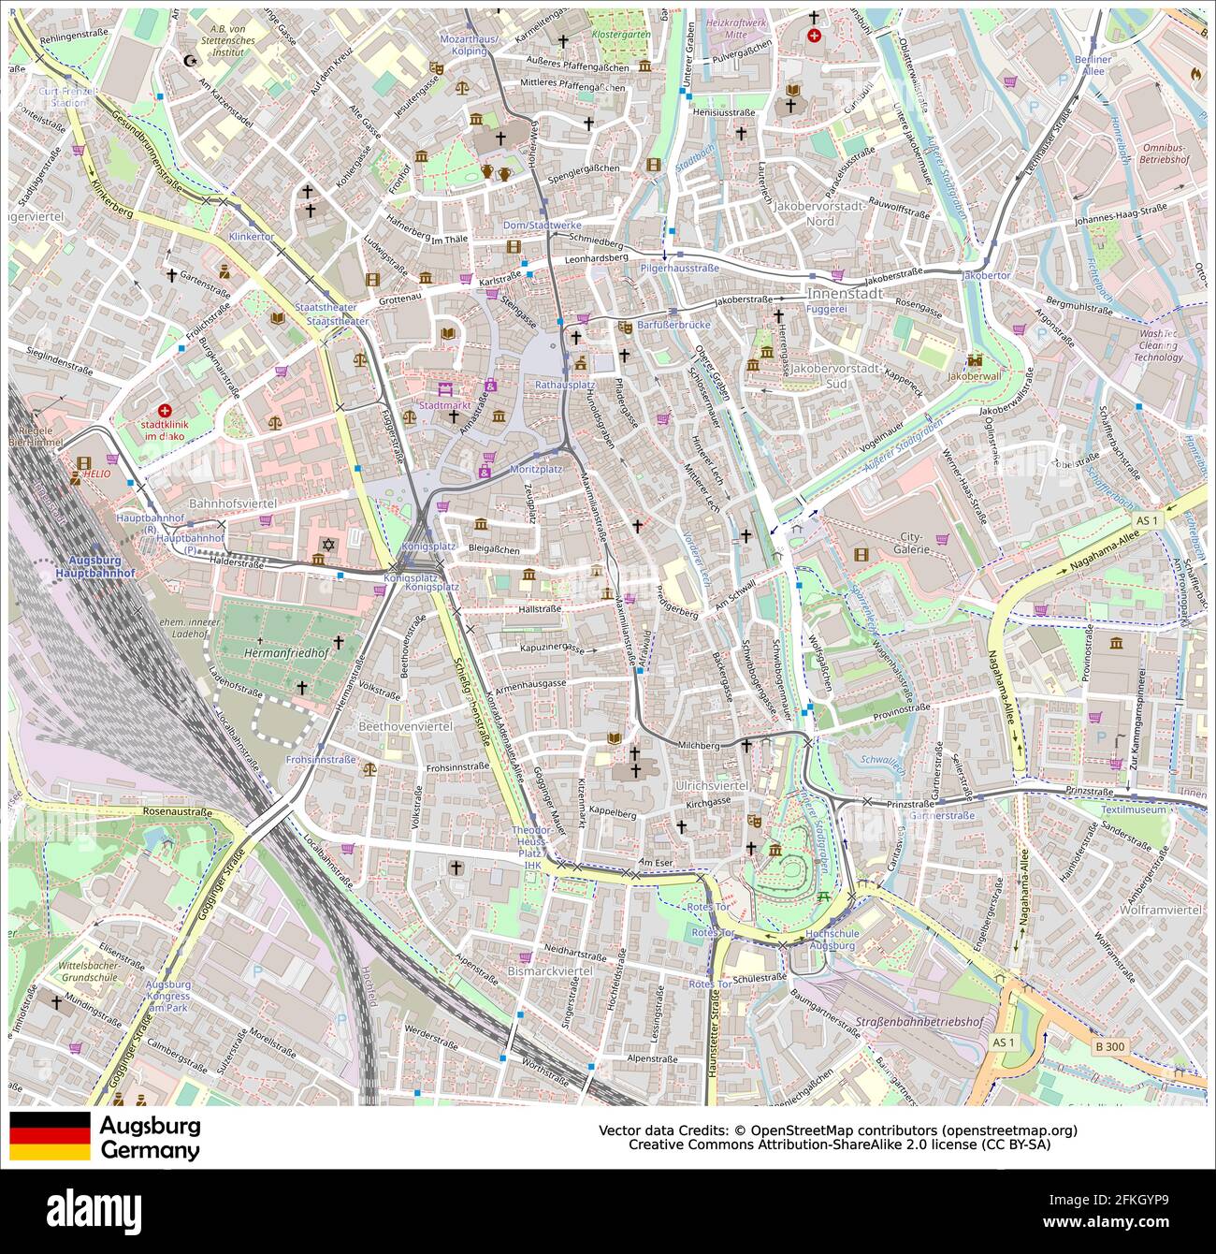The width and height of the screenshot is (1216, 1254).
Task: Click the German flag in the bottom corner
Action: tap(50, 1135)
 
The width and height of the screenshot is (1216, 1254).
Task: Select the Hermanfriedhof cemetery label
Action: tap(281, 651)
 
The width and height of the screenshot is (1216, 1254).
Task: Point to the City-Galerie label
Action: tap(911, 543)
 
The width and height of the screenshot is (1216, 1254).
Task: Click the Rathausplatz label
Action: tap(565, 385)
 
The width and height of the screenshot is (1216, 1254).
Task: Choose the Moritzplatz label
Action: tap(536, 468)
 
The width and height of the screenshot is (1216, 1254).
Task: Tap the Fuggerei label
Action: tap(826, 308)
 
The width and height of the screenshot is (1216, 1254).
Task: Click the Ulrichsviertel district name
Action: tap(711, 786)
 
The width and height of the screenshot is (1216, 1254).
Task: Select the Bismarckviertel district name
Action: tap(549, 971)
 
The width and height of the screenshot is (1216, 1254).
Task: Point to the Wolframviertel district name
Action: tap(1160, 909)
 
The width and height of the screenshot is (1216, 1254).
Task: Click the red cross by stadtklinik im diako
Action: tap(166, 410)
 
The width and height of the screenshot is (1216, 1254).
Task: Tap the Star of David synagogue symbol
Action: tap(328, 544)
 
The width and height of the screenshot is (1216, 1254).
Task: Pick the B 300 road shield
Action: tap(1111, 1045)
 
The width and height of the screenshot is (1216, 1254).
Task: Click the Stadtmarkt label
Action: tap(444, 405)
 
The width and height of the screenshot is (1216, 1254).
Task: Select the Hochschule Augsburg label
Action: tap(831, 940)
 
